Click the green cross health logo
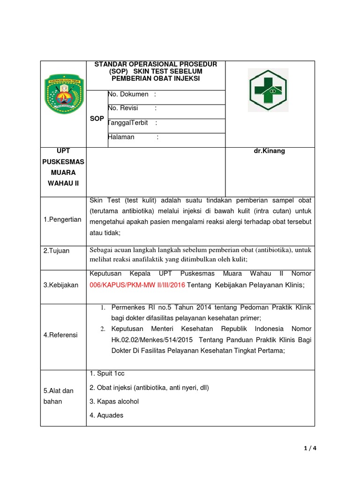point(268,90)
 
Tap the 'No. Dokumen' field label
point(128,94)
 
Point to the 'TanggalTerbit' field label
point(128,123)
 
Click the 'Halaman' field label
point(121,137)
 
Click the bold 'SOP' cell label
point(97,119)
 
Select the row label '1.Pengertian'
point(62,219)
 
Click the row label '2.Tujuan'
point(56,251)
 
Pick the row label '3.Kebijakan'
point(60,285)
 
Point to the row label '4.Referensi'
point(60,335)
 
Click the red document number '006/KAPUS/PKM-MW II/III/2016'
point(137,285)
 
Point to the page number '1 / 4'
point(310,448)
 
